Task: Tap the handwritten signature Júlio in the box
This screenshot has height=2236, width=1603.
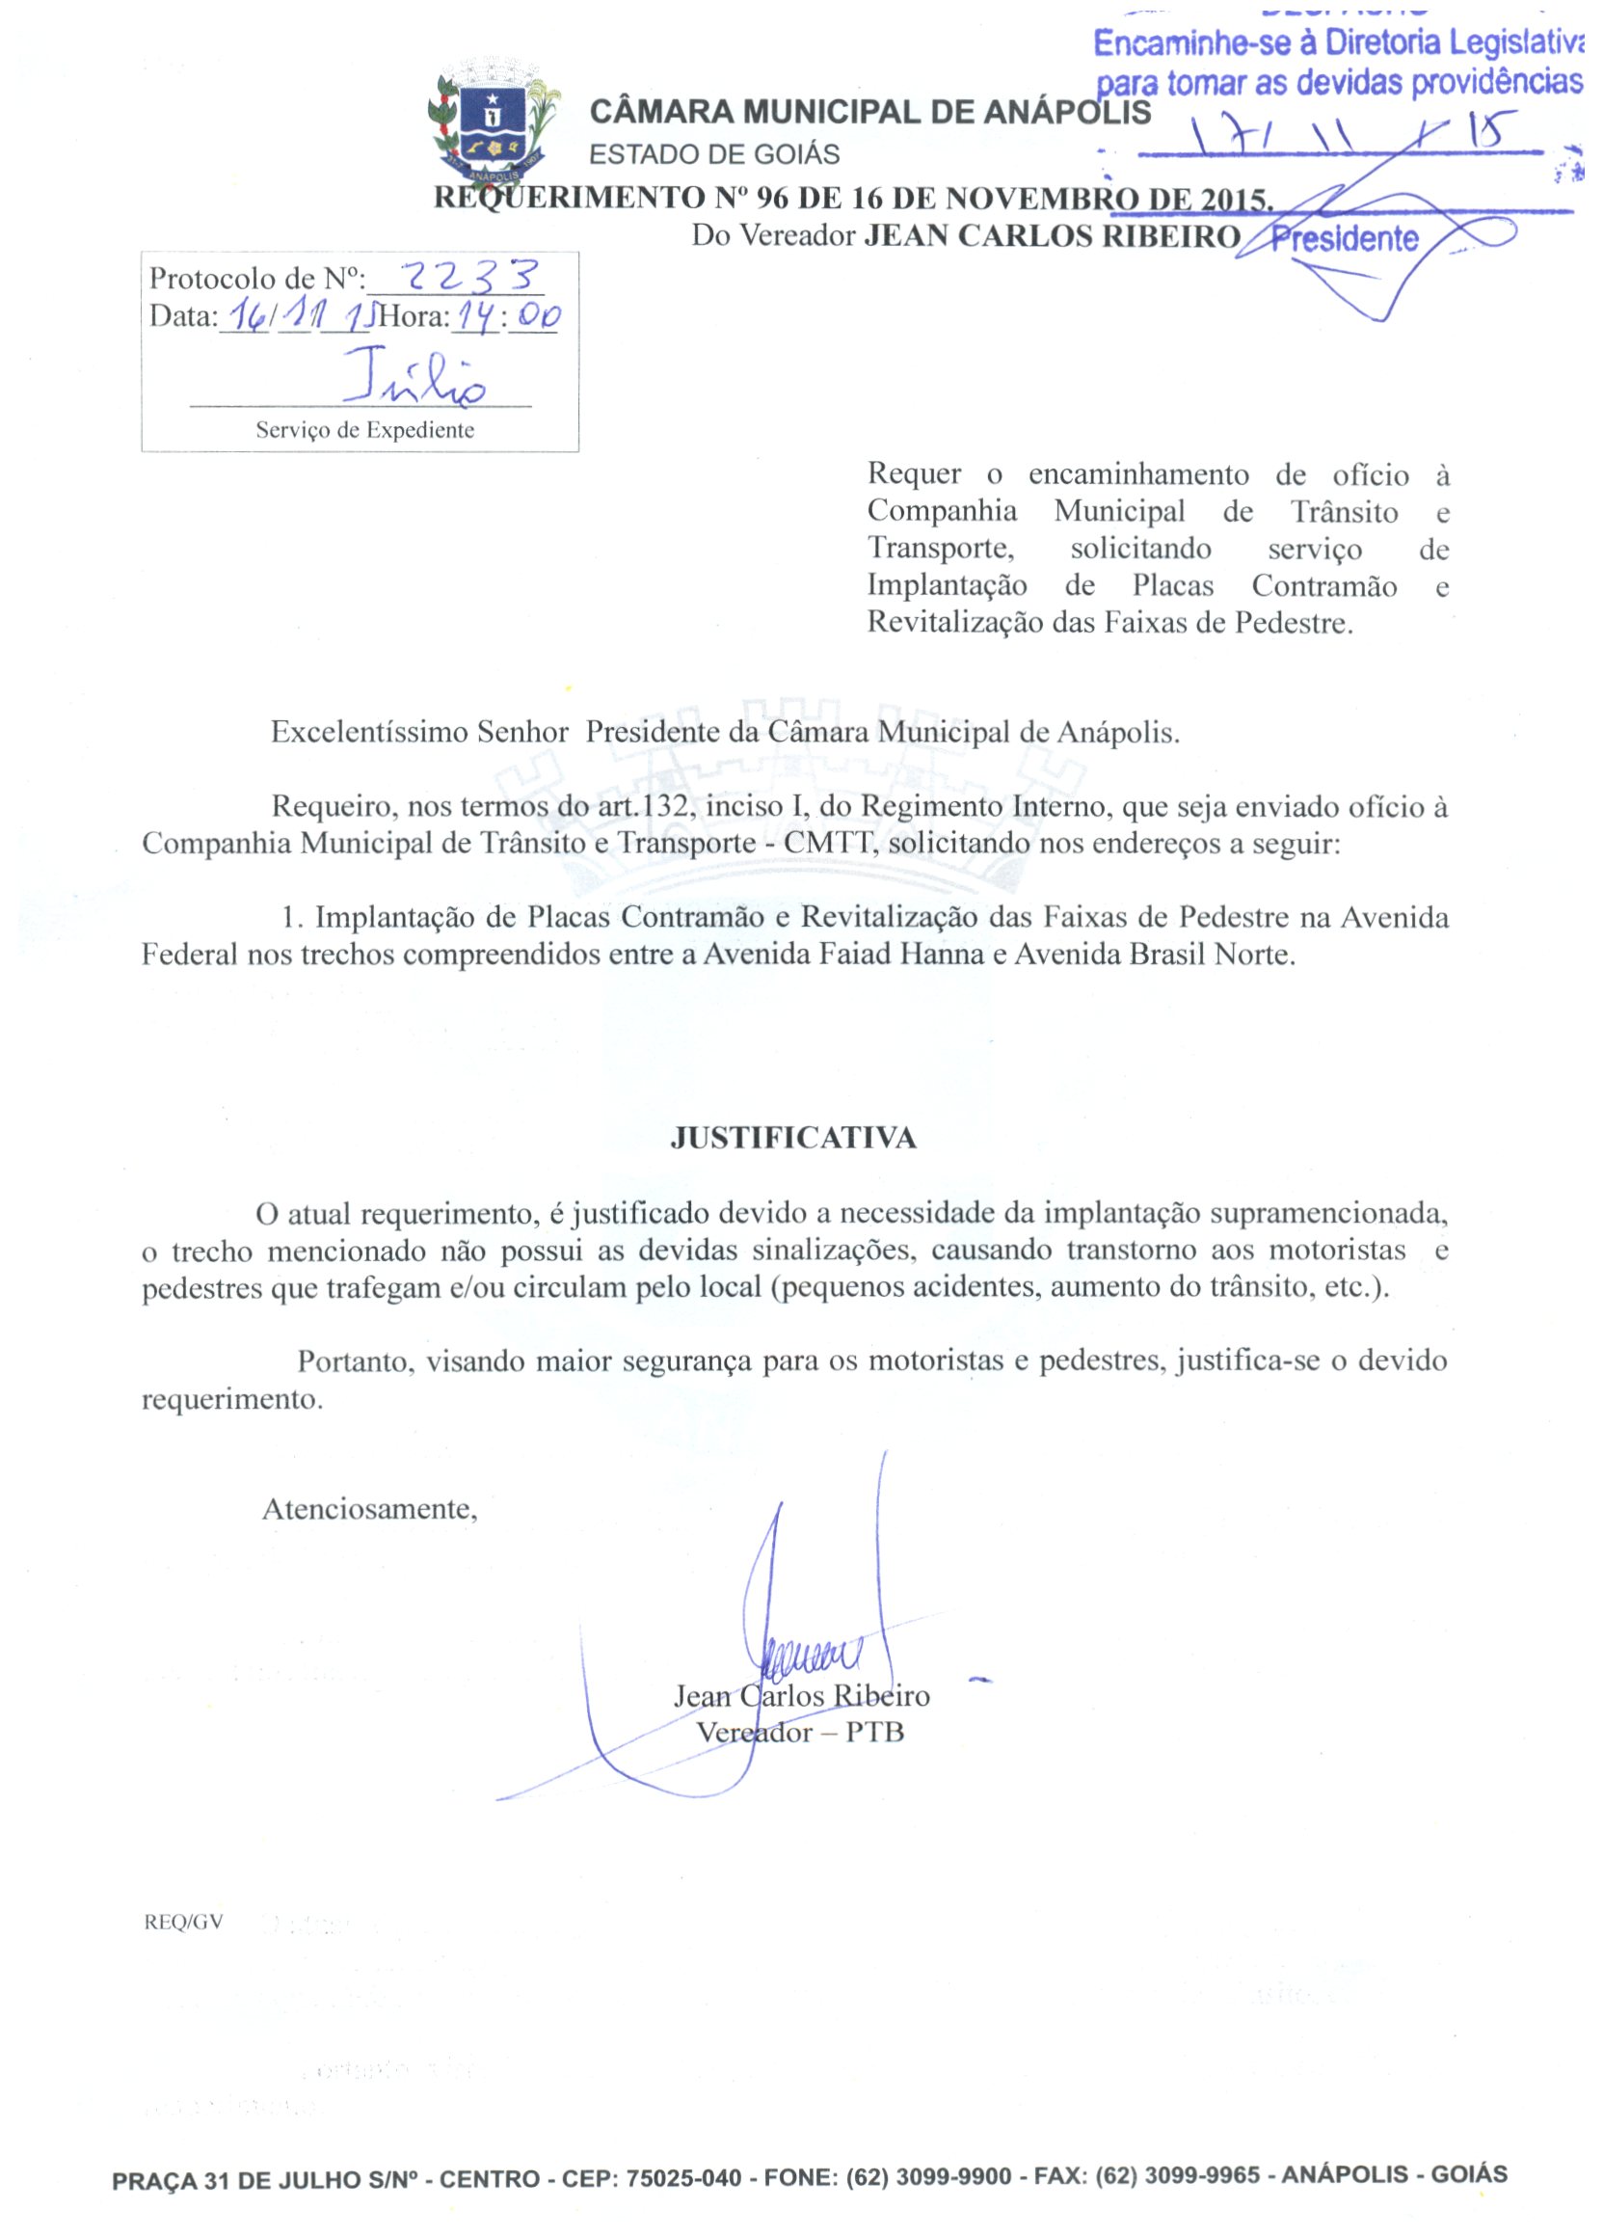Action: [x=414, y=377]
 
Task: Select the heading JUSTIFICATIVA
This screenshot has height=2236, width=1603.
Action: [x=792, y=1139]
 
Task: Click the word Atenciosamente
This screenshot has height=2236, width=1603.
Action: [x=370, y=1509]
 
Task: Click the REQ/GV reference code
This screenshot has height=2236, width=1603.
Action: [x=183, y=1922]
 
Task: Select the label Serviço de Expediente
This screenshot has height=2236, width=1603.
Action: [x=364, y=430]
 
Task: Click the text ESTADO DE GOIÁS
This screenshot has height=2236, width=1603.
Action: [x=713, y=155]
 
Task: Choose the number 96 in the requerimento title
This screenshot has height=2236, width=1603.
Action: [x=772, y=199]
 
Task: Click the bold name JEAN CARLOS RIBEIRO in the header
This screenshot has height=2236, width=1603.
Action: [x=1052, y=236]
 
